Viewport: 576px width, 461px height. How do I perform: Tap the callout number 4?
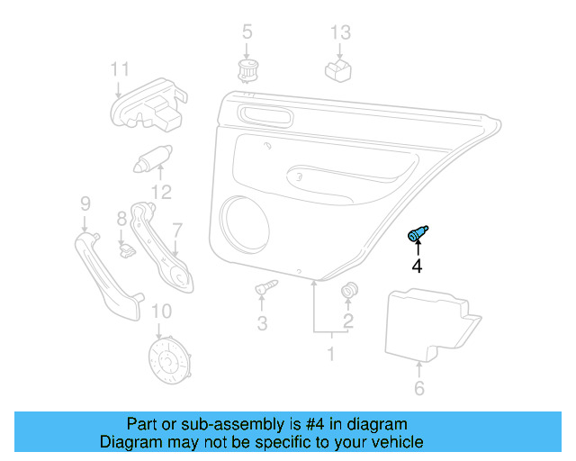click(417, 266)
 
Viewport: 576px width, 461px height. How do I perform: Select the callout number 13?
click(339, 33)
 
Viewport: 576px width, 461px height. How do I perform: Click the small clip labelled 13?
click(337, 68)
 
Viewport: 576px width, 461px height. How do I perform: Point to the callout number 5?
click(247, 33)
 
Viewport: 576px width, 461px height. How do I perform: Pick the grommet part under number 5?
click(246, 70)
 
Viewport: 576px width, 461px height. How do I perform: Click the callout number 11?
click(120, 68)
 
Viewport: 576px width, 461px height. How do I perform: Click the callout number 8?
click(122, 219)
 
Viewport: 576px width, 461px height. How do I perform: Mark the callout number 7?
click(177, 230)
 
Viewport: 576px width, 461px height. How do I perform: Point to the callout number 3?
click(263, 322)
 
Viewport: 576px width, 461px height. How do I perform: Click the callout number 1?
click(330, 354)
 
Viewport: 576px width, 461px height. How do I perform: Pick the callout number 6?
click(419, 389)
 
